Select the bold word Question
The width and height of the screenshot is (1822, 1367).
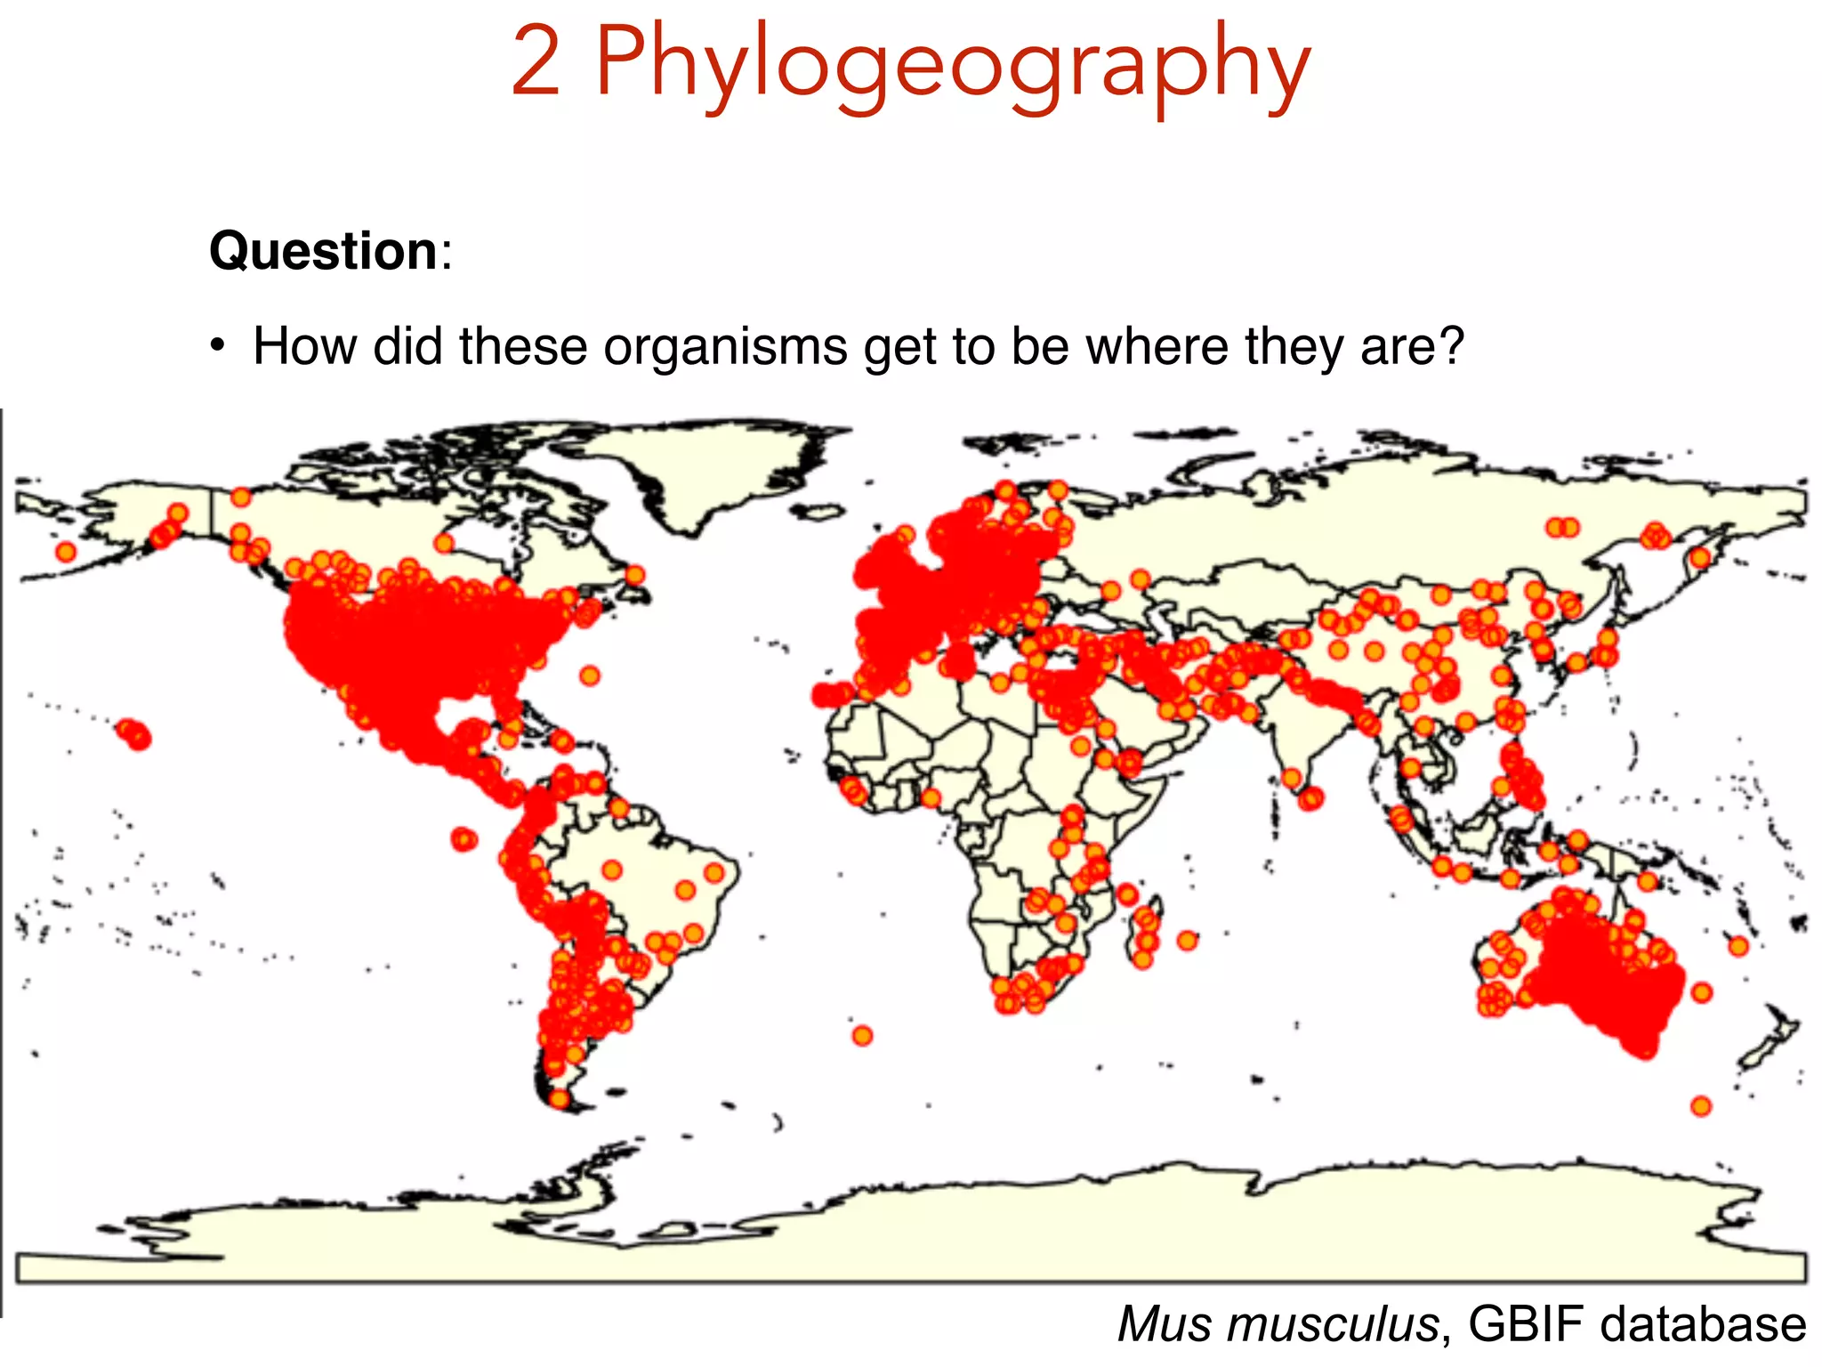pyautogui.click(x=323, y=251)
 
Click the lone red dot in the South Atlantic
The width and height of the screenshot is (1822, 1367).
pyautogui.click(x=862, y=1035)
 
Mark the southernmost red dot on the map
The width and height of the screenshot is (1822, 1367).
pyautogui.click(x=1701, y=1106)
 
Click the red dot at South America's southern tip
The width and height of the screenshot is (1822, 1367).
pyautogui.click(x=559, y=1098)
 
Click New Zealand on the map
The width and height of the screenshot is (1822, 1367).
pyautogui.click(x=1766, y=1041)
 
